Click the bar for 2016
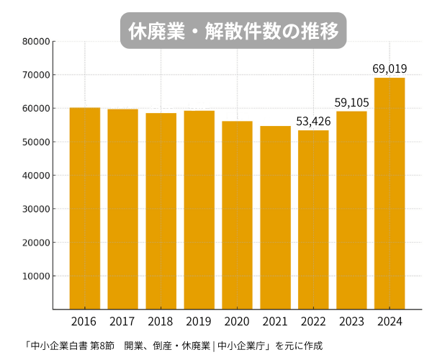coord(85,209)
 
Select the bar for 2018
coord(161,211)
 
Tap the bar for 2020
coord(237,215)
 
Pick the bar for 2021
coord(275,217)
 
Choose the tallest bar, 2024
coord(390,194)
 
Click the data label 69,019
coord(390,69)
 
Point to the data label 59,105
coord(351,102)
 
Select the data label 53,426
coord(313,121)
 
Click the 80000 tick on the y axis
coord(35,42)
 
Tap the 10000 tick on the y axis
coord(35,276)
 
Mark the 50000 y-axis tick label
coord(35,142)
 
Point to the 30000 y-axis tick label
coord(35,209)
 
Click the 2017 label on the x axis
coord(122,320)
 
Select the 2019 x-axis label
coord(199,320)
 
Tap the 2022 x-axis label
coord(313,320)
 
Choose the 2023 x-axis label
coord(351,320)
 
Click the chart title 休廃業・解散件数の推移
coord(233,31)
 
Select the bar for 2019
coord(199,210)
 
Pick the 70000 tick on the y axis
coord(35,75)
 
